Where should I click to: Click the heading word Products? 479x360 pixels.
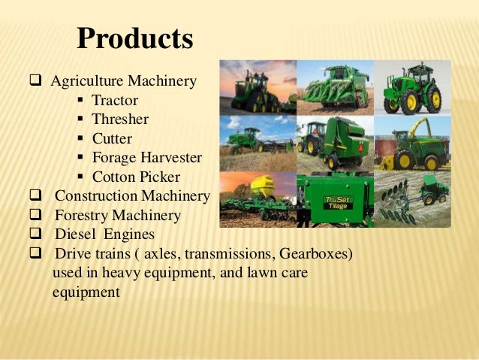[135, 38]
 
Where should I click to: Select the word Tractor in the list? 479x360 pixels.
[114, 99]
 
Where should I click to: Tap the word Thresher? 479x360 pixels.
[119, 119]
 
